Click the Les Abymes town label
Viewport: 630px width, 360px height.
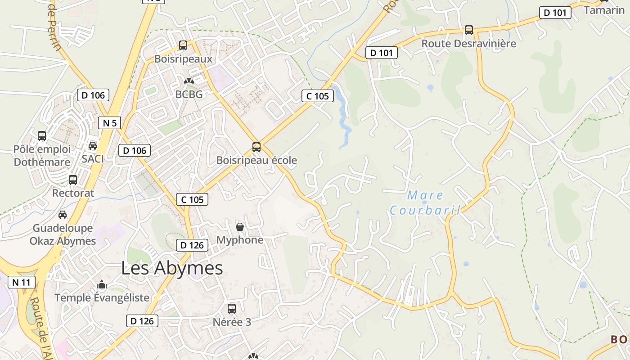click(x=172, y=268)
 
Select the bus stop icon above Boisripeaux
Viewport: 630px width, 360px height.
click(x=183, y=45)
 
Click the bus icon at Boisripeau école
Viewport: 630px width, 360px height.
click(x=256, y=147)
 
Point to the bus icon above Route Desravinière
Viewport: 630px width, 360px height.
click(x=469, y=30)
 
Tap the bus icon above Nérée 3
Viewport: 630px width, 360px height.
click(x=232, y=309)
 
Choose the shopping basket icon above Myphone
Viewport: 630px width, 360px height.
click(x=240, y=226)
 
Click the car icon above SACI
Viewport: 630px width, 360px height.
click(x=93, y=145)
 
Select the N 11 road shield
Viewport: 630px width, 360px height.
click(x=21, y=282)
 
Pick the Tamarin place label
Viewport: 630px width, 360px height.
click(x=604, y=10)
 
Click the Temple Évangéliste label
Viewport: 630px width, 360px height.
click(x=102, y=297)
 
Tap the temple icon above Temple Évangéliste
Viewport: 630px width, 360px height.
click(x=102, y=284)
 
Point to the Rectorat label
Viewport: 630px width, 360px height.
click(x=73, y=193)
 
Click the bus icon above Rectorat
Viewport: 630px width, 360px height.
click(x=73, y=180)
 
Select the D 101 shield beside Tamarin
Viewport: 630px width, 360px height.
click(x=555, y=13)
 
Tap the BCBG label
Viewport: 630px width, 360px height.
click(x=189, y=94)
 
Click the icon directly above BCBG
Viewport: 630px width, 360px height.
click(x=189, y=81)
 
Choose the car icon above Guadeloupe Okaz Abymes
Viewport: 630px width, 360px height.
click(x=63, y=215)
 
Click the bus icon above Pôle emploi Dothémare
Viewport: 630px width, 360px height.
click(x=42, y=135)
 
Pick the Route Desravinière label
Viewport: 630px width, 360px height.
click(x=468, y=44)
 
